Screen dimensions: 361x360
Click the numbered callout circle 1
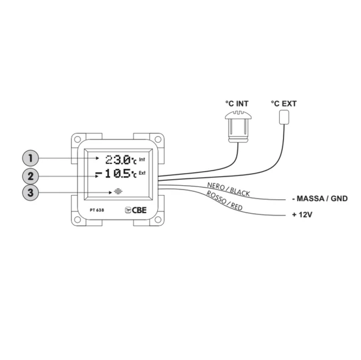30,158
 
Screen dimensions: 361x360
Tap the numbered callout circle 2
30,177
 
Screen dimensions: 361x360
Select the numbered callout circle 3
30,192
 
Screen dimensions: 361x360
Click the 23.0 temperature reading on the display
118,160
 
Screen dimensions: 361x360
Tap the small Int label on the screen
142,159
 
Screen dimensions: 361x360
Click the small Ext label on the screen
142,173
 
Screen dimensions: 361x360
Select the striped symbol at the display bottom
118,191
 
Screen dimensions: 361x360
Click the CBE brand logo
135,210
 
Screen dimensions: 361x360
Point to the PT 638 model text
97,210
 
